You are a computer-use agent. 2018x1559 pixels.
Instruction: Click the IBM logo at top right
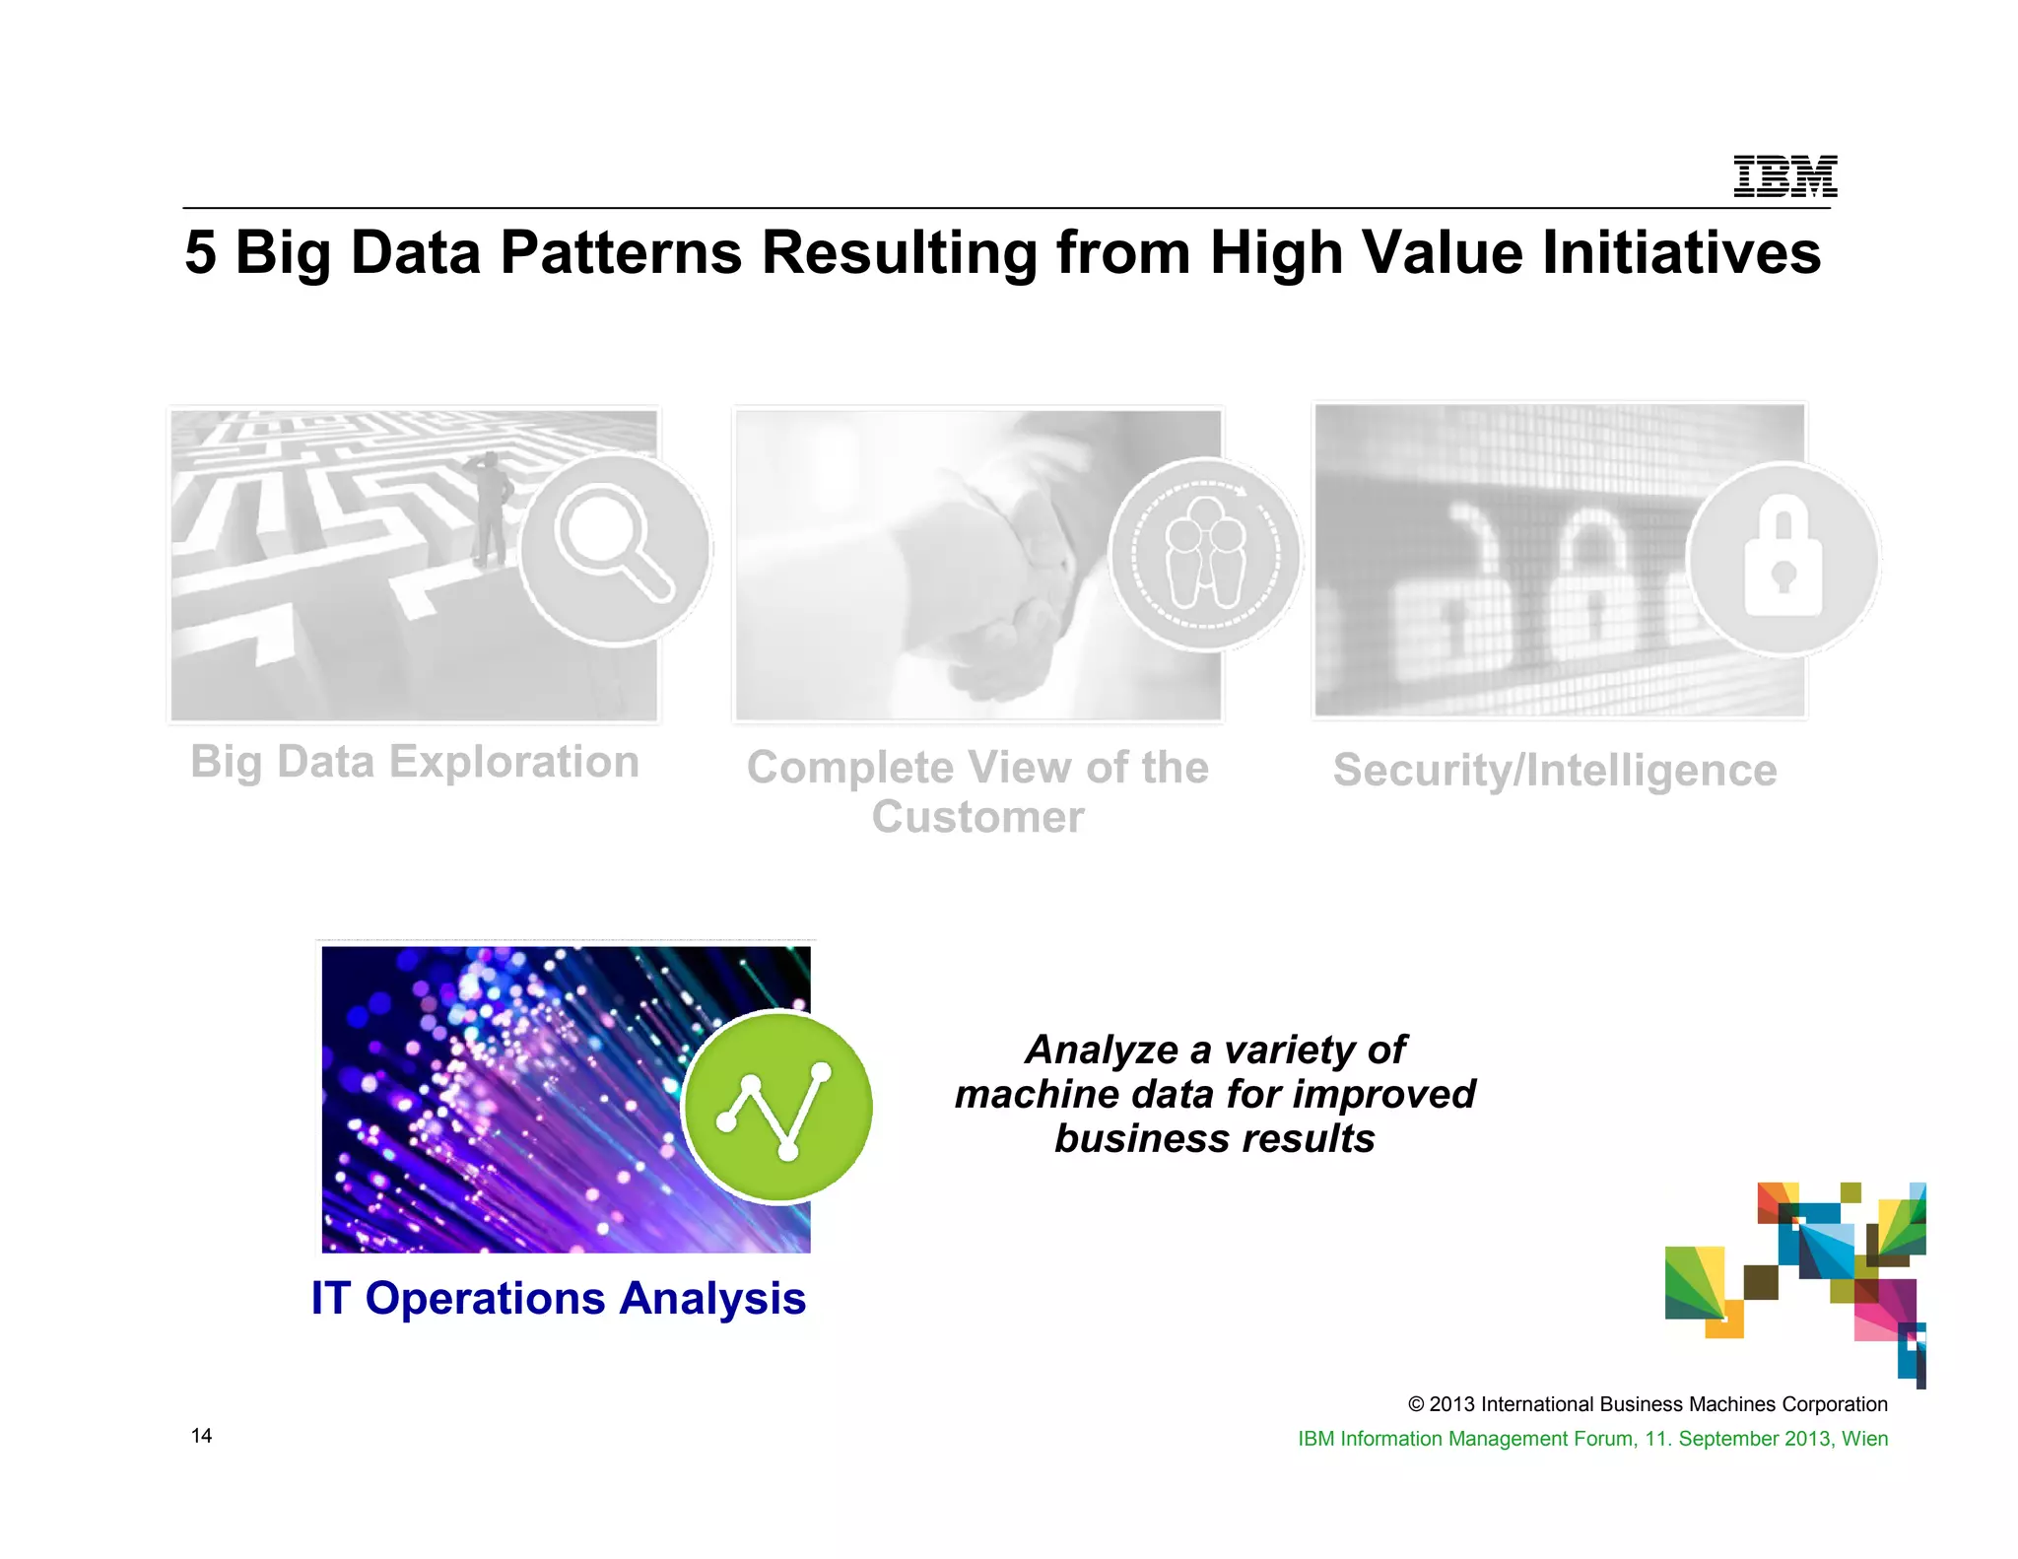pos(1784,177)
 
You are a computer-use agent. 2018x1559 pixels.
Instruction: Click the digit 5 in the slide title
pos(200,252)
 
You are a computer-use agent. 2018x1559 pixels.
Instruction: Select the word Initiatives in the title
pos(1681,252)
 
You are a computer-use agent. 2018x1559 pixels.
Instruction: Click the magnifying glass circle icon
pos(615,548)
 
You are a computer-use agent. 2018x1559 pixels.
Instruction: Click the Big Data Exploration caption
pos(415,762)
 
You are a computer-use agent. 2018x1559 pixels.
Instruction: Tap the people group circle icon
pos(1205,555)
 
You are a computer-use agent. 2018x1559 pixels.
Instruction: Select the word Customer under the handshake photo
pos(977,817)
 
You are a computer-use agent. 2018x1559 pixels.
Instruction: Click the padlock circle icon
pos(1783,559)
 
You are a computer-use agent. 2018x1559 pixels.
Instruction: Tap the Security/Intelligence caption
pos(1555,771)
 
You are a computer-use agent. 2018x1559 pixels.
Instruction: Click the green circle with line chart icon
pos(778,1107)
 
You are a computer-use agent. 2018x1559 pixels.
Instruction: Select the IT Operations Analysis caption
pos(559,1298)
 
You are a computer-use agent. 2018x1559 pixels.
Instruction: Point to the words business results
pos(1214,1139)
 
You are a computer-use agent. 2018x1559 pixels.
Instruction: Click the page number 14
pos(201,1436)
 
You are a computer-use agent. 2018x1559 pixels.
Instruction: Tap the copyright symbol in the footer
pos(1416,1404)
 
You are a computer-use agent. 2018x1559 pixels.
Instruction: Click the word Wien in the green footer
pos(1864,1439)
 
